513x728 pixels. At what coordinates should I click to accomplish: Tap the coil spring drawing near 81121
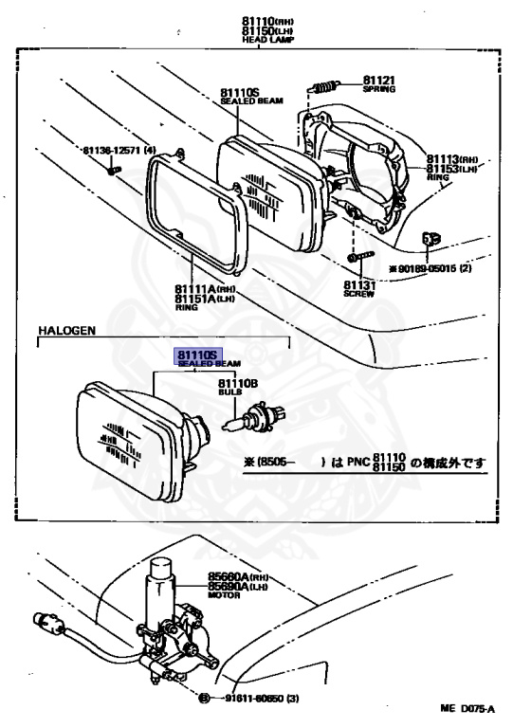325,86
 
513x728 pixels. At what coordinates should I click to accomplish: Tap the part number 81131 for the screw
357,284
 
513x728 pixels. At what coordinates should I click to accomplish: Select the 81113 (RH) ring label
451,160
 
